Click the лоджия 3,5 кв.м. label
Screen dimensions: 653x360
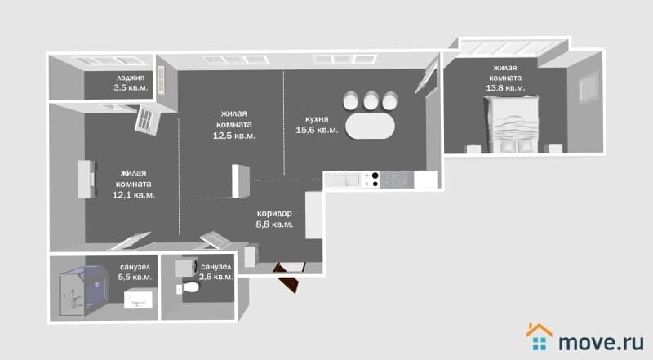point(131,82)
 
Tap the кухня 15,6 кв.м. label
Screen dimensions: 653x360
point(317,125)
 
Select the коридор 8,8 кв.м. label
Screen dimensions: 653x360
point(274,219)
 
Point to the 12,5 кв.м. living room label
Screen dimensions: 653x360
point(234,124)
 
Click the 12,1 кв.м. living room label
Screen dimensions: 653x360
point(133,184)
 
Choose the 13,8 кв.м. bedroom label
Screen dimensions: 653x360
point(505,78)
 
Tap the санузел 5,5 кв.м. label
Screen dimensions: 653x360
point(135,272)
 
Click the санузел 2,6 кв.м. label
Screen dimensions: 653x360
point(215,272)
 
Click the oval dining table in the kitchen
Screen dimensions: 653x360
point(371,126)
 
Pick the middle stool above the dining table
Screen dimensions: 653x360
point(371,100)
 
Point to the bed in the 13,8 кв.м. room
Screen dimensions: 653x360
point(513,125)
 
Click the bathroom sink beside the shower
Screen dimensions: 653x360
point(138,299)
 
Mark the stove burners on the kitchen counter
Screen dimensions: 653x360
point(375,180)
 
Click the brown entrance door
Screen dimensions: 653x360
point(288,277)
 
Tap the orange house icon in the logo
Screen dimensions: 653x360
point(540,330)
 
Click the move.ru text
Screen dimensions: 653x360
point(601,342)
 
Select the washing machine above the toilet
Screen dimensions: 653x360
point(186,268)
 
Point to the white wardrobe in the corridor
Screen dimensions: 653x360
point(313,215)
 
